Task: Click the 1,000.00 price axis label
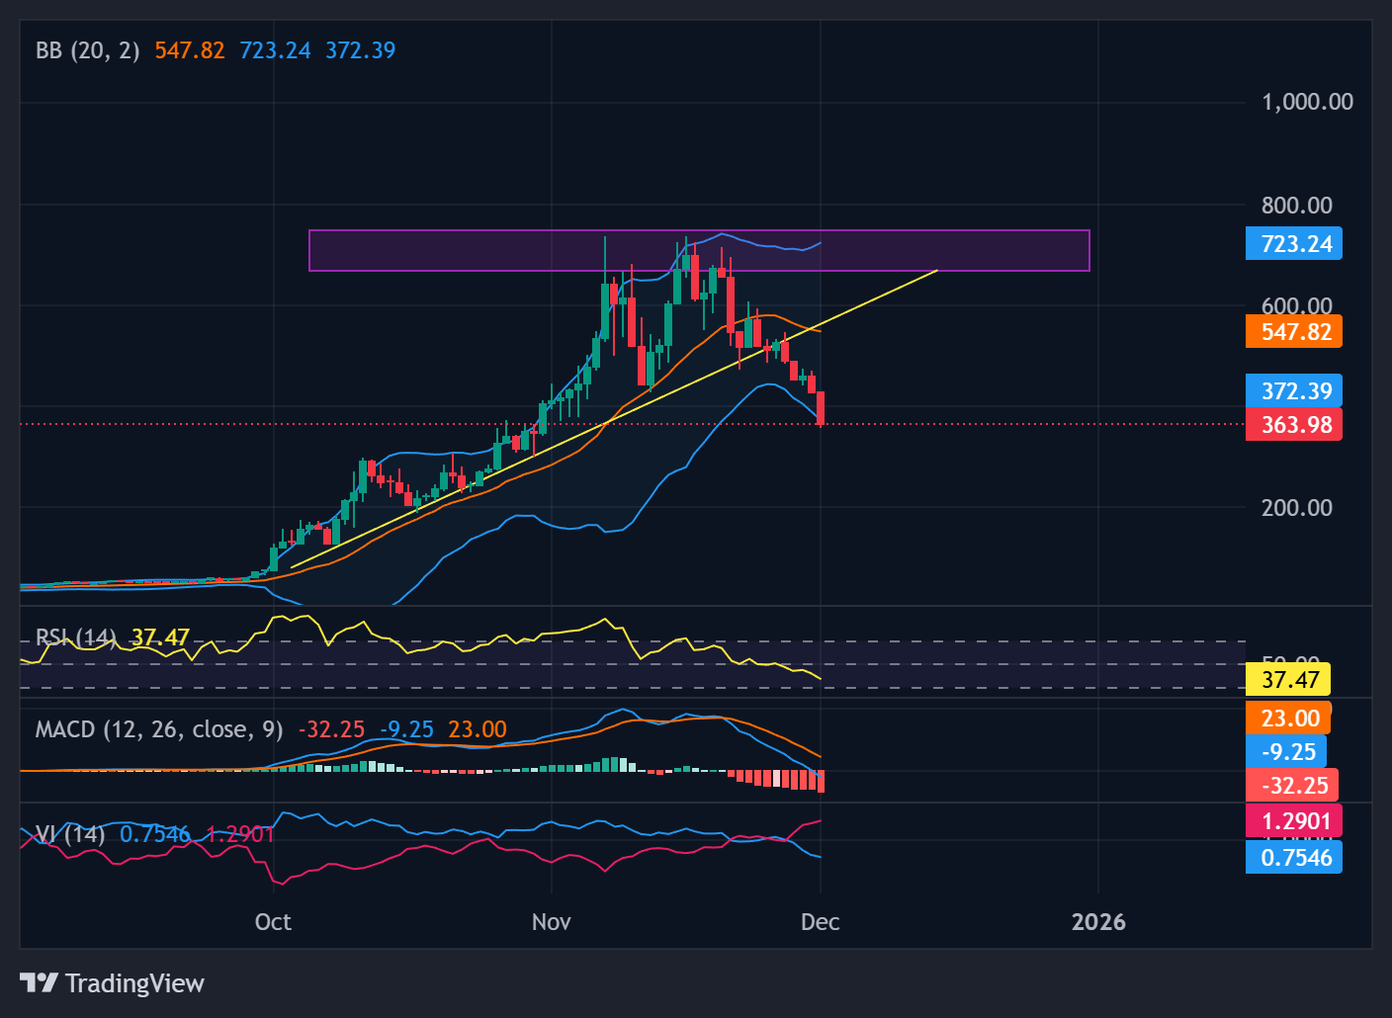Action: click(1307, 102)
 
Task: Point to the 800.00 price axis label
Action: click(1296, 206)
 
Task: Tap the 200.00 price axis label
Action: click(1296, 508)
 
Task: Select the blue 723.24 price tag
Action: click(1294, 244)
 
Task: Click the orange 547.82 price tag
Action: click(1294, 332)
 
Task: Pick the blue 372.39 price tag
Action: click(1294, 391)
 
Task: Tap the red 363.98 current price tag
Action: click(1294, 425)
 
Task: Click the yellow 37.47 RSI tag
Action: click(1289, 680)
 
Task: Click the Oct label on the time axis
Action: click(273, 922)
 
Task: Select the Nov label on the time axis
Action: click(551, 922)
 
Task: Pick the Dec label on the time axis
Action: click(820, 922)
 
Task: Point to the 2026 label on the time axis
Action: click(1098, 922)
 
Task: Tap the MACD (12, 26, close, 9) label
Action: click(159, 729)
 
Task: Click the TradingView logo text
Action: click(134, 983)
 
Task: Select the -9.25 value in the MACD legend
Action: click(406, 729)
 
